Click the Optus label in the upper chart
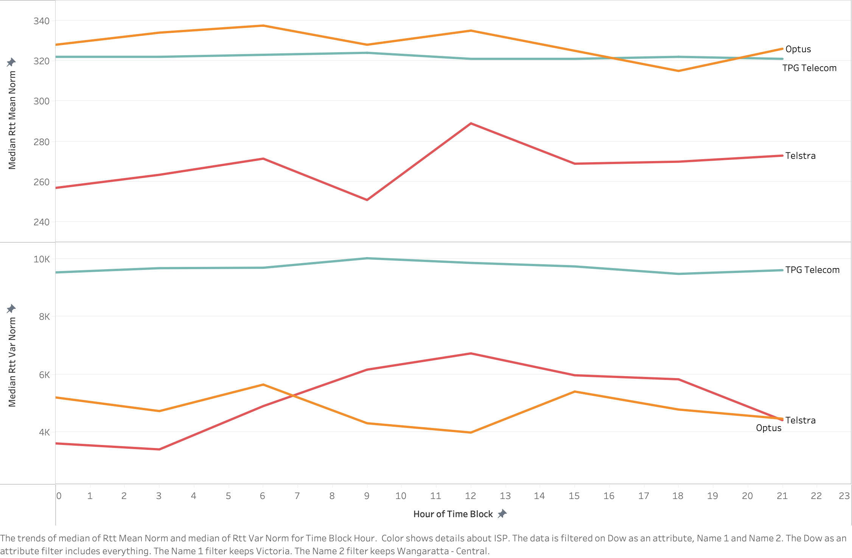[x=798, y=49]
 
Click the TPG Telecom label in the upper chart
[x=809, y=68]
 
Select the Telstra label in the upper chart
[x=800, y=156]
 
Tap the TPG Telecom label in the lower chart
[x=812, y=270]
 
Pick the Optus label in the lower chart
[x=768, y=428]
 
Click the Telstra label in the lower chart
[x=800, y=420]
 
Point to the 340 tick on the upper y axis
[x=41, y=21]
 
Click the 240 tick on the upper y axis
[x=41, y=222]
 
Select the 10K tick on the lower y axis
[x=41, y=259]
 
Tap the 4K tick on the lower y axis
[x=44, y=432]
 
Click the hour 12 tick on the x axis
[x=470, y=496]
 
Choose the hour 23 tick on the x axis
[x=844, y=496]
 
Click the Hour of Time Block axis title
[x=453, y=514]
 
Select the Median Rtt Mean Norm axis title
[x=12, y=120]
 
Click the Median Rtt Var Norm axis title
[x=12, y=362]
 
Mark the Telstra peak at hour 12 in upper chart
[x=471, y=124]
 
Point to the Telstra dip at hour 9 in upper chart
[x=367, y=200]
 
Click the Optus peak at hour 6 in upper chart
[x=263, y=26]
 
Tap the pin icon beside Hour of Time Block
[x=502, y=514]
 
